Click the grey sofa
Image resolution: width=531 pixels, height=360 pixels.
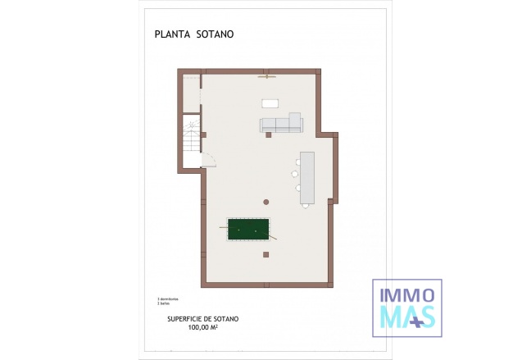pyautogui.click(x=281, y=125)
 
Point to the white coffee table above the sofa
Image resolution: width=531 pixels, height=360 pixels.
pyautogui.click(x=270, y=103)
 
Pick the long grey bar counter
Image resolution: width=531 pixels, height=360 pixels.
pyautogui.click(x=307, y=177)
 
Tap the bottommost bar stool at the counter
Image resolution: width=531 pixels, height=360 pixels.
pyautogui.click(x=305, y=205)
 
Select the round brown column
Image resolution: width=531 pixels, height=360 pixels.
pyautogui.click(x=266, y=201)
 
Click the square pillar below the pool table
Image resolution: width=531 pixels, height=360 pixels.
pyautogui.click(x=266, y=254)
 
